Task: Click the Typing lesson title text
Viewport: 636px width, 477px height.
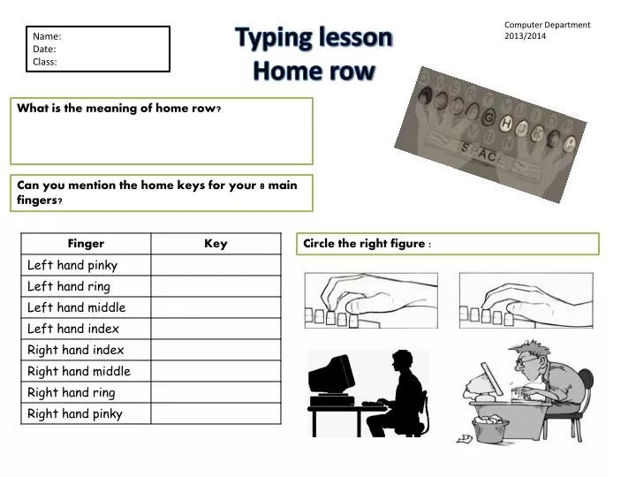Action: [x=314, y=38]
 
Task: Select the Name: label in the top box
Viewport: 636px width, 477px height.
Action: [x=47, y=36]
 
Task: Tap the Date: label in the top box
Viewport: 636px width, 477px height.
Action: [x=44, y=49]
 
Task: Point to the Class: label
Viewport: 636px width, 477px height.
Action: [x=45, y=62]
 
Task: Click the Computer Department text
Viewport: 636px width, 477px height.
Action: [x=547, y=25]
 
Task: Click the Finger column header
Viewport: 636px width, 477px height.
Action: [x=86, y=244]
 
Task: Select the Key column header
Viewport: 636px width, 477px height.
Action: [x=216, y=244]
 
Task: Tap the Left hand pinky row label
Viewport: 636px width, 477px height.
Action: [x=72, y=265]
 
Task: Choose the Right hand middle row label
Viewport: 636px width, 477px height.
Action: [x=79, y=371]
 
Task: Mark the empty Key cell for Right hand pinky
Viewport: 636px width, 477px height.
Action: [x=216, y=413]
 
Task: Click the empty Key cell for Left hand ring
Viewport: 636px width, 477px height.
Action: [x=216, y=286]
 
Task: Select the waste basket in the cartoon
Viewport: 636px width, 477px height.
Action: [x=491, y=428]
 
